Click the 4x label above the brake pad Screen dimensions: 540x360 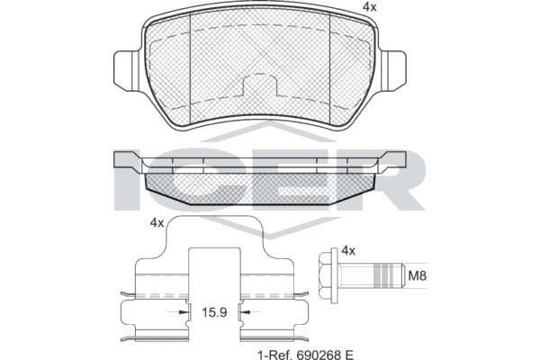pos(370,7)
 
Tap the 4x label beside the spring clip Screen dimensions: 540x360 pos(157,223)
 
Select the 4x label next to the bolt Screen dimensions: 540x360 pos(348,251)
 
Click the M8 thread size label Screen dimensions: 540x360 pos(417,275)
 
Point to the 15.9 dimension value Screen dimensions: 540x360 pos(214,312)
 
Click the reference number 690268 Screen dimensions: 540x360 pos(315,355)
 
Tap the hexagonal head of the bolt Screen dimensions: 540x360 pos(325,275)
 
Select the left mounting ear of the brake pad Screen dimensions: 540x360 pos(126,71)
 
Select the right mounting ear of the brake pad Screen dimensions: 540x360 pos(393,71)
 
